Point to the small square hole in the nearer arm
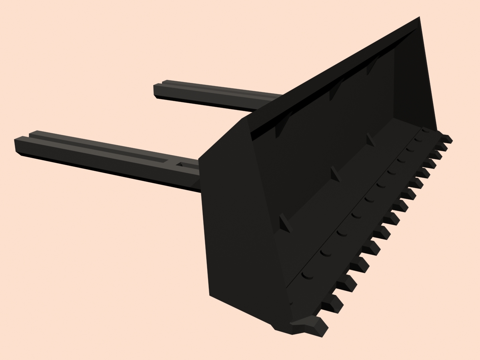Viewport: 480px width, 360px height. point(180,164)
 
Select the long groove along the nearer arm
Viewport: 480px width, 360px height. point(100,148)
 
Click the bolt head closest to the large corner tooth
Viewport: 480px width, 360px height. point(308,275)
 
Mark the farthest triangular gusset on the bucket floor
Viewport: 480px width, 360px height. point(370,140)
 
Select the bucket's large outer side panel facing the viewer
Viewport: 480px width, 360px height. point(236,224)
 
